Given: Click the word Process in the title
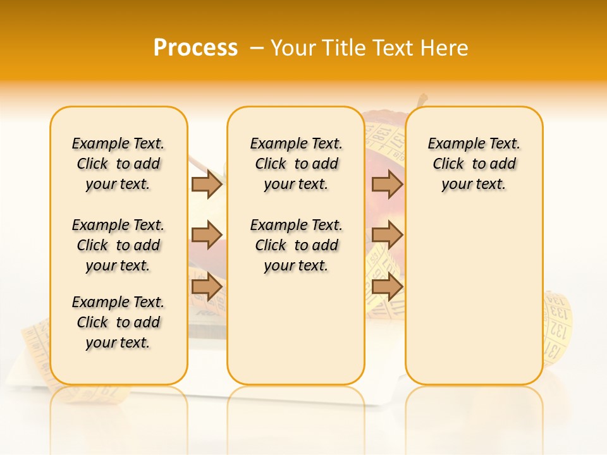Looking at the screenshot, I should point(195,48).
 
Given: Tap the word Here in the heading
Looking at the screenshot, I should point(445,48).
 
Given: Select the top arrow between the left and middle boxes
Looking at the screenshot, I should point(207,185).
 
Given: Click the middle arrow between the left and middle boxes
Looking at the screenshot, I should point(207,235).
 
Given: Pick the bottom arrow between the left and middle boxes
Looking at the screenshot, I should point(207,286).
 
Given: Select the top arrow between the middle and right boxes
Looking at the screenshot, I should point(387,185).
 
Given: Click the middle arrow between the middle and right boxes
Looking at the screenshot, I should point(387,235).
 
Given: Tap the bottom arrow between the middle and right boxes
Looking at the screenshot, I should point(387,286).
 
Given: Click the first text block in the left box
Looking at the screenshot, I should point(118,164).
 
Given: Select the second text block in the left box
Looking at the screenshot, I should point(118,245).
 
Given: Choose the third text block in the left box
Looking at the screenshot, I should point(118,322).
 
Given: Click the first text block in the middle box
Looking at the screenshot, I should point(297,164).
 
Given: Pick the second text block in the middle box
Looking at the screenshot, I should point(297,245).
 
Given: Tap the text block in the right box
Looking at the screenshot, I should point(474,164).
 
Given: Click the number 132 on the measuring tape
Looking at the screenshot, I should point(557,330).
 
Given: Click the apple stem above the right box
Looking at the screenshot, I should point(422,101).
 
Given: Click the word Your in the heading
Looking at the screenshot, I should point(293,48).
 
